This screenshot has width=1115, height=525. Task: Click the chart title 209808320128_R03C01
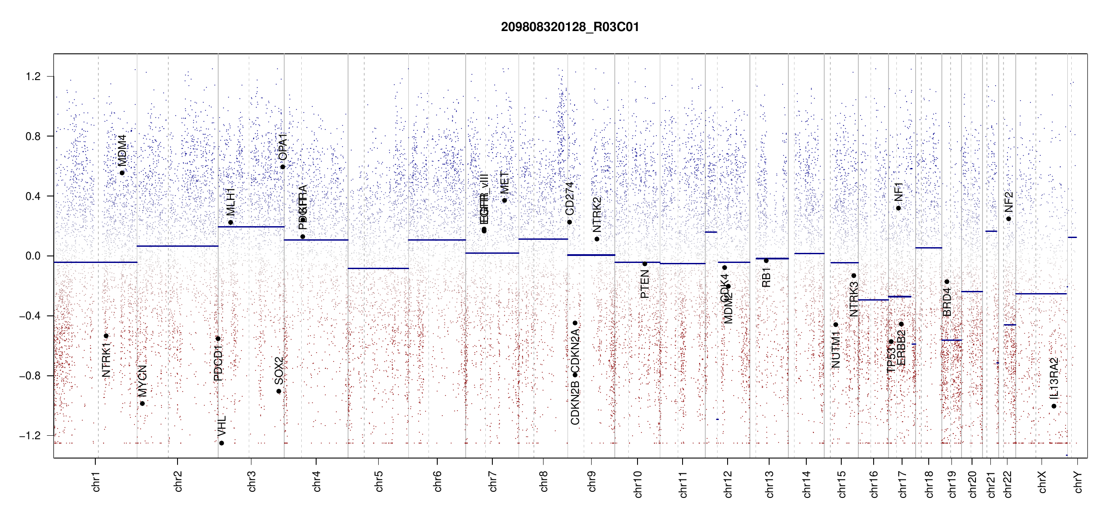coord(570,27)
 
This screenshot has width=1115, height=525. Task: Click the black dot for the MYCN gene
coord(142,403)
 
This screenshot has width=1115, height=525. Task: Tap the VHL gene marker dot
coord(222,443)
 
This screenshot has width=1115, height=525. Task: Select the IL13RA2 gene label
coord(1054,378)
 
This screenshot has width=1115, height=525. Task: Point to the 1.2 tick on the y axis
coord(33,77)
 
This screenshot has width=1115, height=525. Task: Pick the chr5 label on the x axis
coord(379,481)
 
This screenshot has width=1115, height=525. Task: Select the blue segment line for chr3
coord(251,227)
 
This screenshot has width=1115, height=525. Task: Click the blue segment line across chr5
coord(378,268)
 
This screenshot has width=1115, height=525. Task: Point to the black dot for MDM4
coord(122,173)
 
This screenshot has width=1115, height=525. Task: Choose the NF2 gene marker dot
coord(1009,219)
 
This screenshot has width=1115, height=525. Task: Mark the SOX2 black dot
coord(279,391)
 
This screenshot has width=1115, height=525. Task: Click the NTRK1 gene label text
coord(106,360)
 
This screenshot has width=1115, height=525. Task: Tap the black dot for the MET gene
coord(505,200)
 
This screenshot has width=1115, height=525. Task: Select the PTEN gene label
coord(645,284)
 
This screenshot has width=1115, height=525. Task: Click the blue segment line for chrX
coord(1041,294)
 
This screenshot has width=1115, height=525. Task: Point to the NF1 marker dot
coord(899,208)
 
